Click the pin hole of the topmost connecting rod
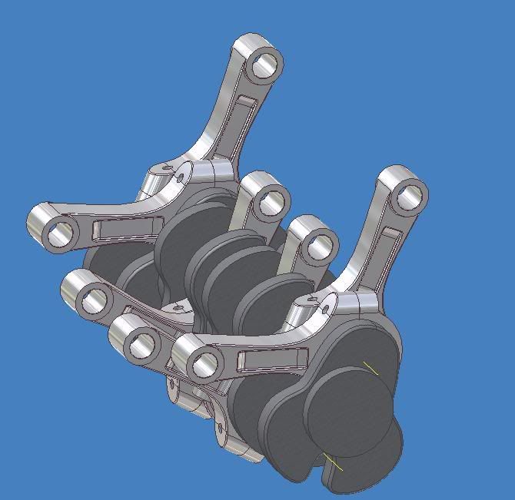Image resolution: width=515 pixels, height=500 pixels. (x=264, y=61)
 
